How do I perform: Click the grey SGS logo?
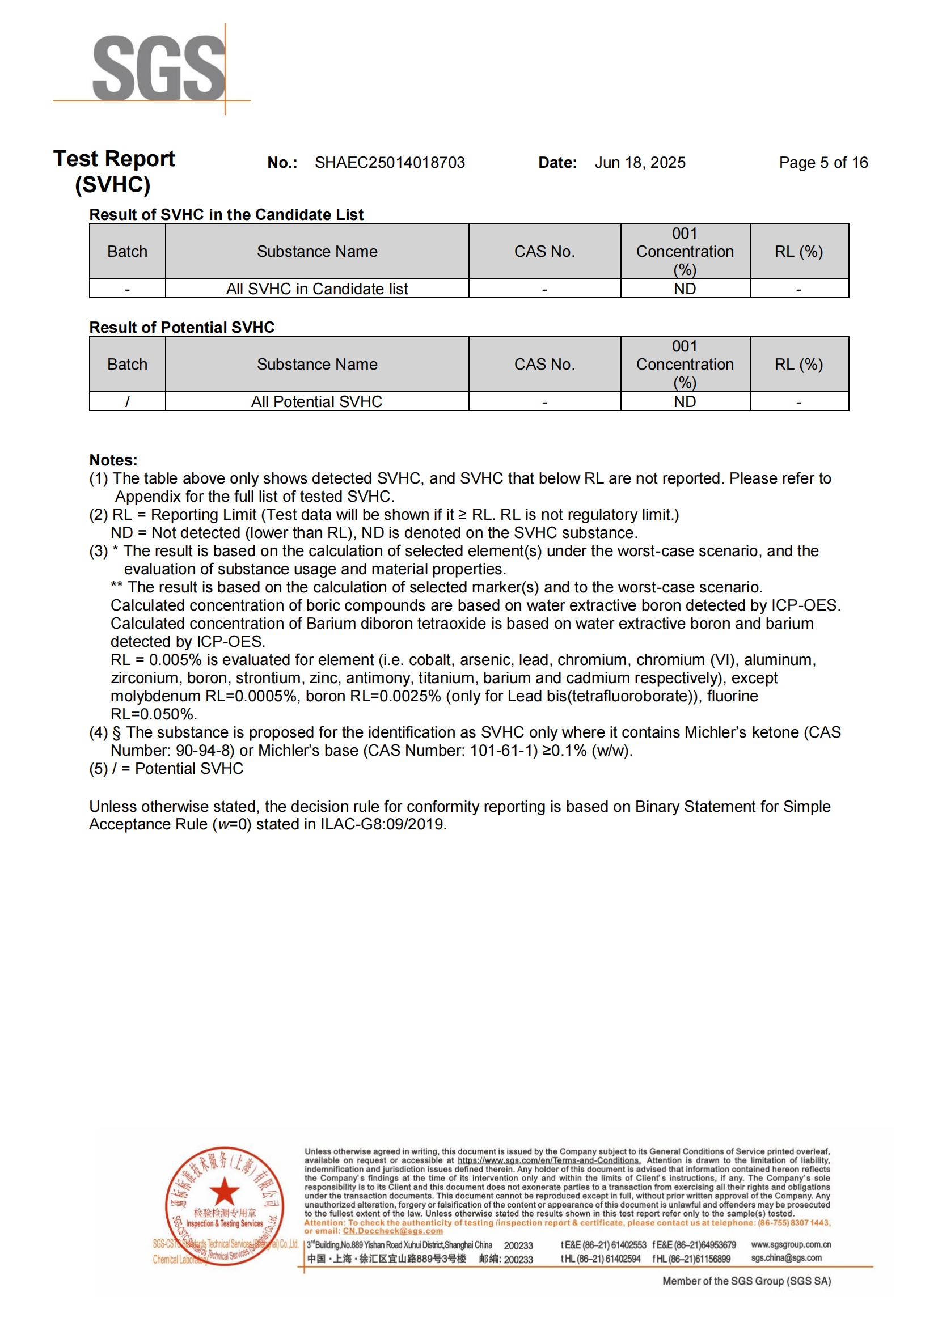coord(158,68)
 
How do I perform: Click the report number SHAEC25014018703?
coord(389,163)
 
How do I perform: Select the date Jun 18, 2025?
coord(640,163)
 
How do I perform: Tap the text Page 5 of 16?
coord(823,163)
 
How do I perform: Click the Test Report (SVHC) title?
coord(114,172)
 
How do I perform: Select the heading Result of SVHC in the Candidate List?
coord(226,215)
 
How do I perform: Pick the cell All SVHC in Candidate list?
coord(316,289)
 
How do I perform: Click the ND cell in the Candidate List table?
coord(685,289)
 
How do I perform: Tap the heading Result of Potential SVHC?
coord(181,328)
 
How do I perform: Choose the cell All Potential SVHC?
coord(316,401)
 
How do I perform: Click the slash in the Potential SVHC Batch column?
coord(127,401)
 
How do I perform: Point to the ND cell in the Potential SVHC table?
coord(685,401)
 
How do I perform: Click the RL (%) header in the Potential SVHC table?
coord(798,365)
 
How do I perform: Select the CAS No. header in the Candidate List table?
coord(544,252)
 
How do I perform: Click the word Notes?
coord(113,460)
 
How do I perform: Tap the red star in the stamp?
coord(224,1191)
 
